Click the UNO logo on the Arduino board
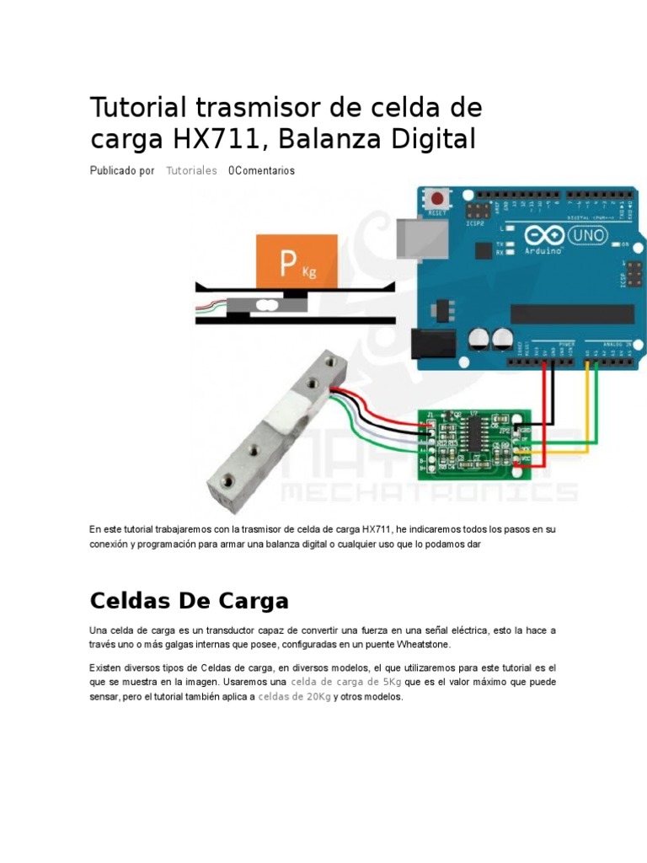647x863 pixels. point(589,235)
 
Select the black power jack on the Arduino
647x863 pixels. point(428,346)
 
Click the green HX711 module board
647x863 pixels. point(473,440)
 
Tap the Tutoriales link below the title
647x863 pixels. point(191,170)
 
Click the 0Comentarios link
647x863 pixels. point(261,170)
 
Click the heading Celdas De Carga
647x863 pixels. point(189,601)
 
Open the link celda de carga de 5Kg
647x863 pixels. point(345,681)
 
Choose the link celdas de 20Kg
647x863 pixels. point(294,697)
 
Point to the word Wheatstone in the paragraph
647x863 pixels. point(422,645)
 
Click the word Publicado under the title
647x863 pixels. point(113,170)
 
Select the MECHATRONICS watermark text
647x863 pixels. point(430,492)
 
